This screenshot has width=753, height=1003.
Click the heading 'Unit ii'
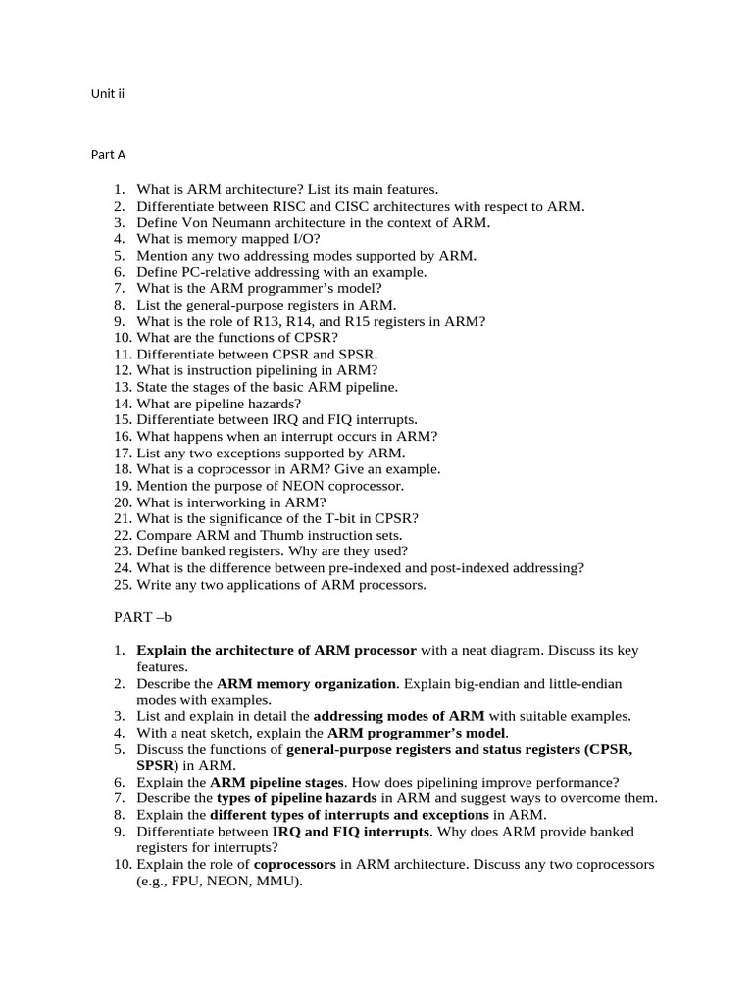[x=108, y=94]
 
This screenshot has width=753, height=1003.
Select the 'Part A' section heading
[x=108, y=155]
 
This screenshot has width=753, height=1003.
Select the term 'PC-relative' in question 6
[x=215, y=272]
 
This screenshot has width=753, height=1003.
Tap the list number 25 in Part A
[x=122, y=585]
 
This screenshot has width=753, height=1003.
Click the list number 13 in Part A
[x=122, y=387]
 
